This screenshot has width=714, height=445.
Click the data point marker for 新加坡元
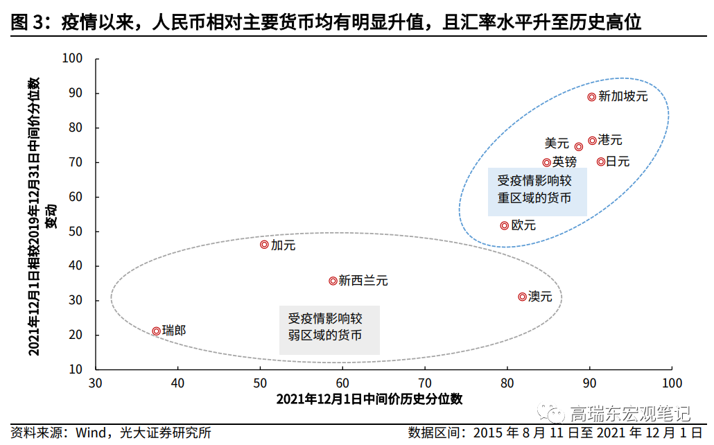click(592, 97)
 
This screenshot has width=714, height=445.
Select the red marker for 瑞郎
click(157, 331)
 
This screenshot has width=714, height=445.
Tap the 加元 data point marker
click(264, 245)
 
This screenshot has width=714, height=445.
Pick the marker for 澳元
click(522, 297)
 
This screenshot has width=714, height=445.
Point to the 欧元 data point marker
click(505, 225)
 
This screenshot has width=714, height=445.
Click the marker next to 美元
click(579, 146)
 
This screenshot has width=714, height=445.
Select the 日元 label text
click(618, 162)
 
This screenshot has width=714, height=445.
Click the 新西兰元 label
click(363, 281)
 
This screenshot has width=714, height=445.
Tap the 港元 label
click(610, 140)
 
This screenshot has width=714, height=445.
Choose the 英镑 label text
click(564, 162)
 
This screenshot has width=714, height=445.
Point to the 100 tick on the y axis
click(73, 59)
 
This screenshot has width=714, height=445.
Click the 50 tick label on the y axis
click(76, 232)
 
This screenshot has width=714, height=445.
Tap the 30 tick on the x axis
click(96, 383)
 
